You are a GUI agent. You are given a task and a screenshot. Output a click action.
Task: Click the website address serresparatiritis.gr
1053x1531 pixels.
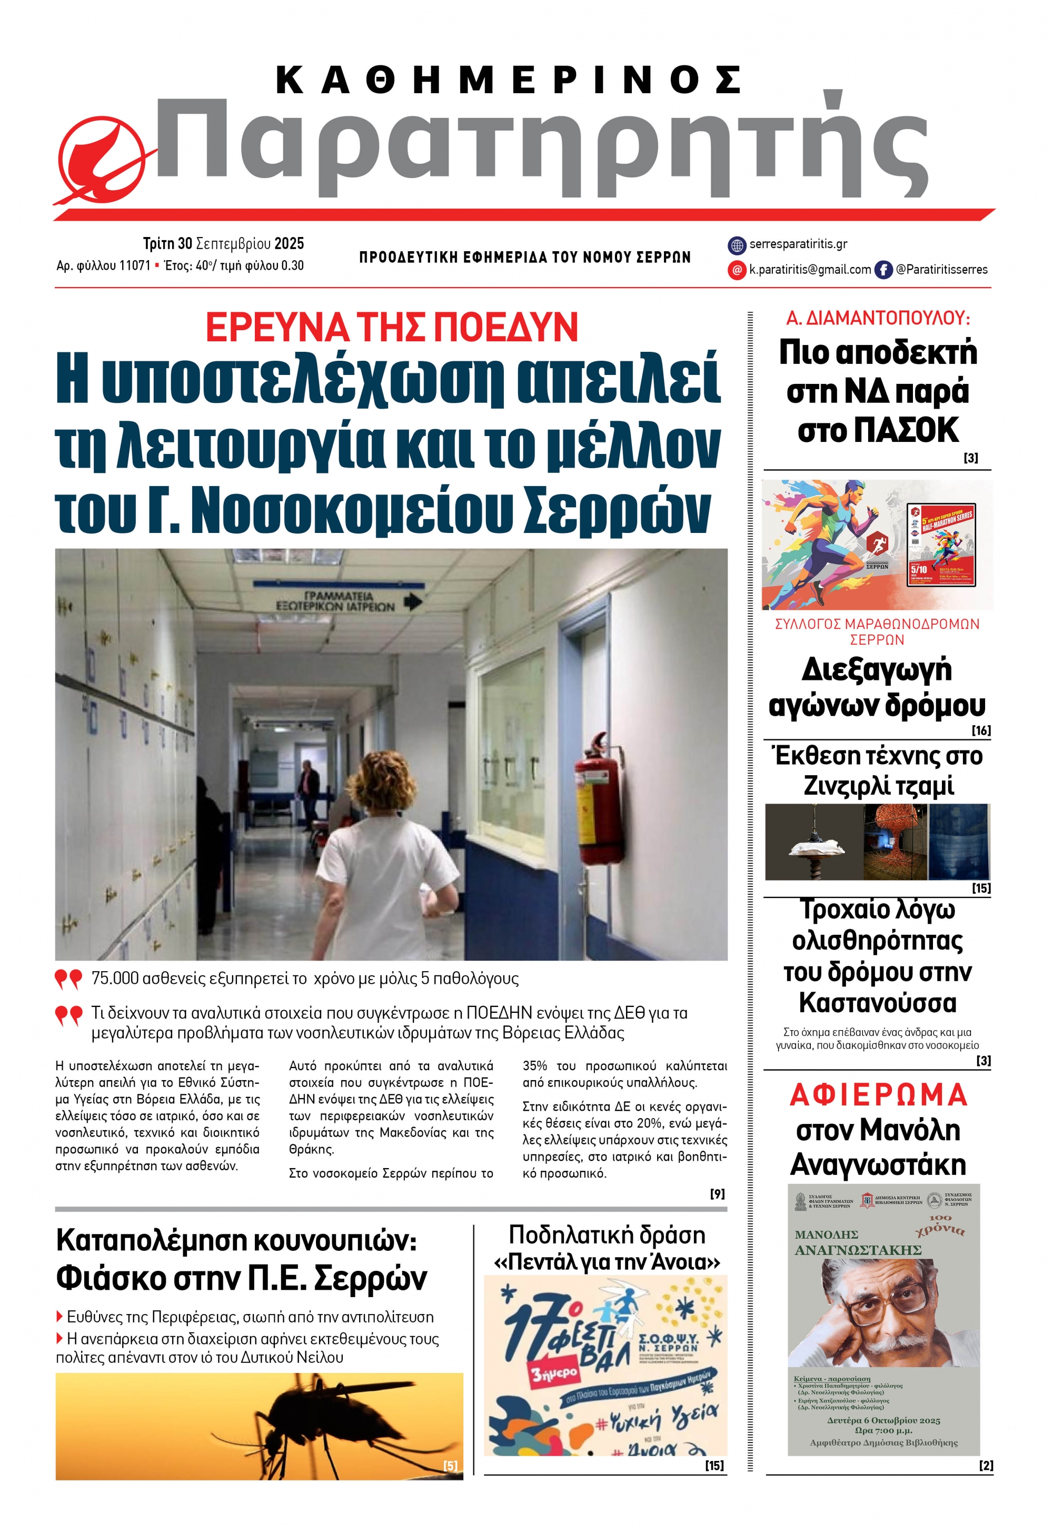tap(798, 244)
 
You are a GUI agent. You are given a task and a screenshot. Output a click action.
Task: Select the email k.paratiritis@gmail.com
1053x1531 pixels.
tap(810, 269)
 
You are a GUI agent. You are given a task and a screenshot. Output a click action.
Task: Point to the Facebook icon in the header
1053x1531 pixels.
tap(883, 269)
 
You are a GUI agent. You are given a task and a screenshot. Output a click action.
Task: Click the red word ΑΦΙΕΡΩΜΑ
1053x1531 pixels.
tap(878, 1095)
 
